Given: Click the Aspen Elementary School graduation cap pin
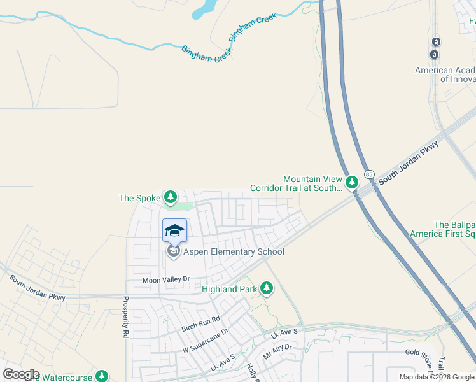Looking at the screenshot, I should [174, 230].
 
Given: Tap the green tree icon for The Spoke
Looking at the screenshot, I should [170, 197].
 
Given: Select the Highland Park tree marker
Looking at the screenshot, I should [266, 290].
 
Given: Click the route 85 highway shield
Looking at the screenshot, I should [369, 174].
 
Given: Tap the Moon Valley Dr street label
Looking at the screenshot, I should [166, 279].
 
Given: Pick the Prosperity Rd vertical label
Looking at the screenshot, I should [126, 317].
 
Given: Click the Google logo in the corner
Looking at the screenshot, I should [21, 374].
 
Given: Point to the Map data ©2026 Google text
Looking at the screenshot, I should [437, 377].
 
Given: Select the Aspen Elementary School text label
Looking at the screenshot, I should [234, 252].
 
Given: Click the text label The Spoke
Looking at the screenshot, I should [139, 198].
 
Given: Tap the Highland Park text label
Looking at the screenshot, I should [229, 290].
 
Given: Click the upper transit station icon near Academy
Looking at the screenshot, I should [435, 41].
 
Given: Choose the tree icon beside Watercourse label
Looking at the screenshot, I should [101, 376].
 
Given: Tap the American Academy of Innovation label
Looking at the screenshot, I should [445, 74].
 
